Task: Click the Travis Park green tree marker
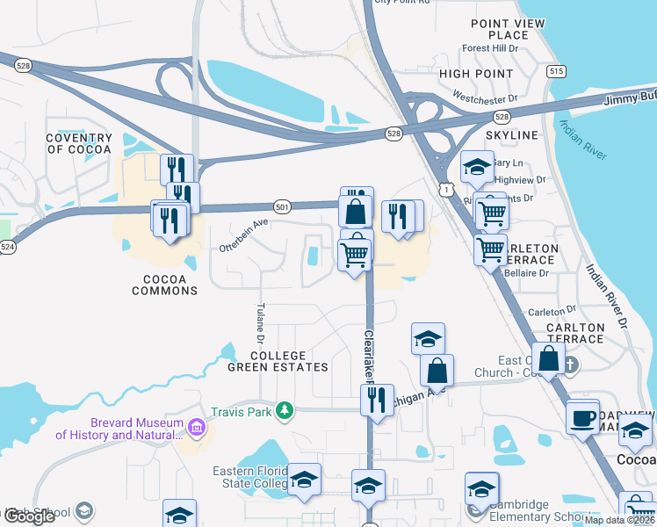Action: tap(284, 410)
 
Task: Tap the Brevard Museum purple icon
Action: tap(197, 428)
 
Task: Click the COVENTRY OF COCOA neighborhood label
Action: tap(80, 143)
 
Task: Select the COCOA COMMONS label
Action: tap(164, 285)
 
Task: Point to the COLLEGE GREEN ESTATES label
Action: tap(289, 361)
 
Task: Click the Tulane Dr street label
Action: tap(261, 323)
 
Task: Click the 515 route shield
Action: tap(555, 71)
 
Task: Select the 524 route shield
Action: tap(7, 249)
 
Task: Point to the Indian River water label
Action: tap(582, 140)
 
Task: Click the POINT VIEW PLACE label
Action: tap(508, 30)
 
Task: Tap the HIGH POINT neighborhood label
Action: tap(475, 75)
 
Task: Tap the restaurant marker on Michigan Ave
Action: tap(377, 401)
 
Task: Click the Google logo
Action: tap(30, 516)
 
